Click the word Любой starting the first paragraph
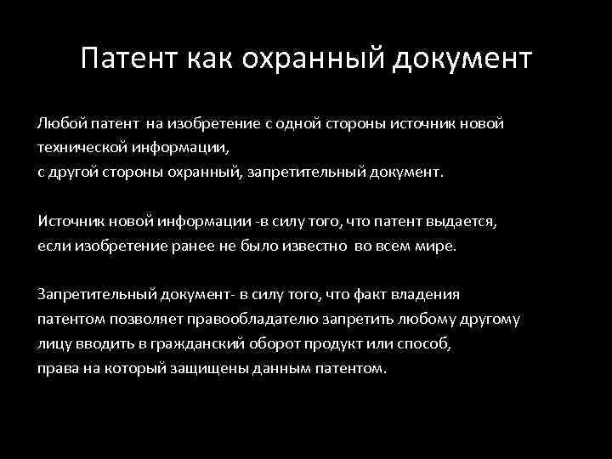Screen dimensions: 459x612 point(57,124)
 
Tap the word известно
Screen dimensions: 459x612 point(300,246)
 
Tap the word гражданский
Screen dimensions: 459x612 point(200,345)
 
